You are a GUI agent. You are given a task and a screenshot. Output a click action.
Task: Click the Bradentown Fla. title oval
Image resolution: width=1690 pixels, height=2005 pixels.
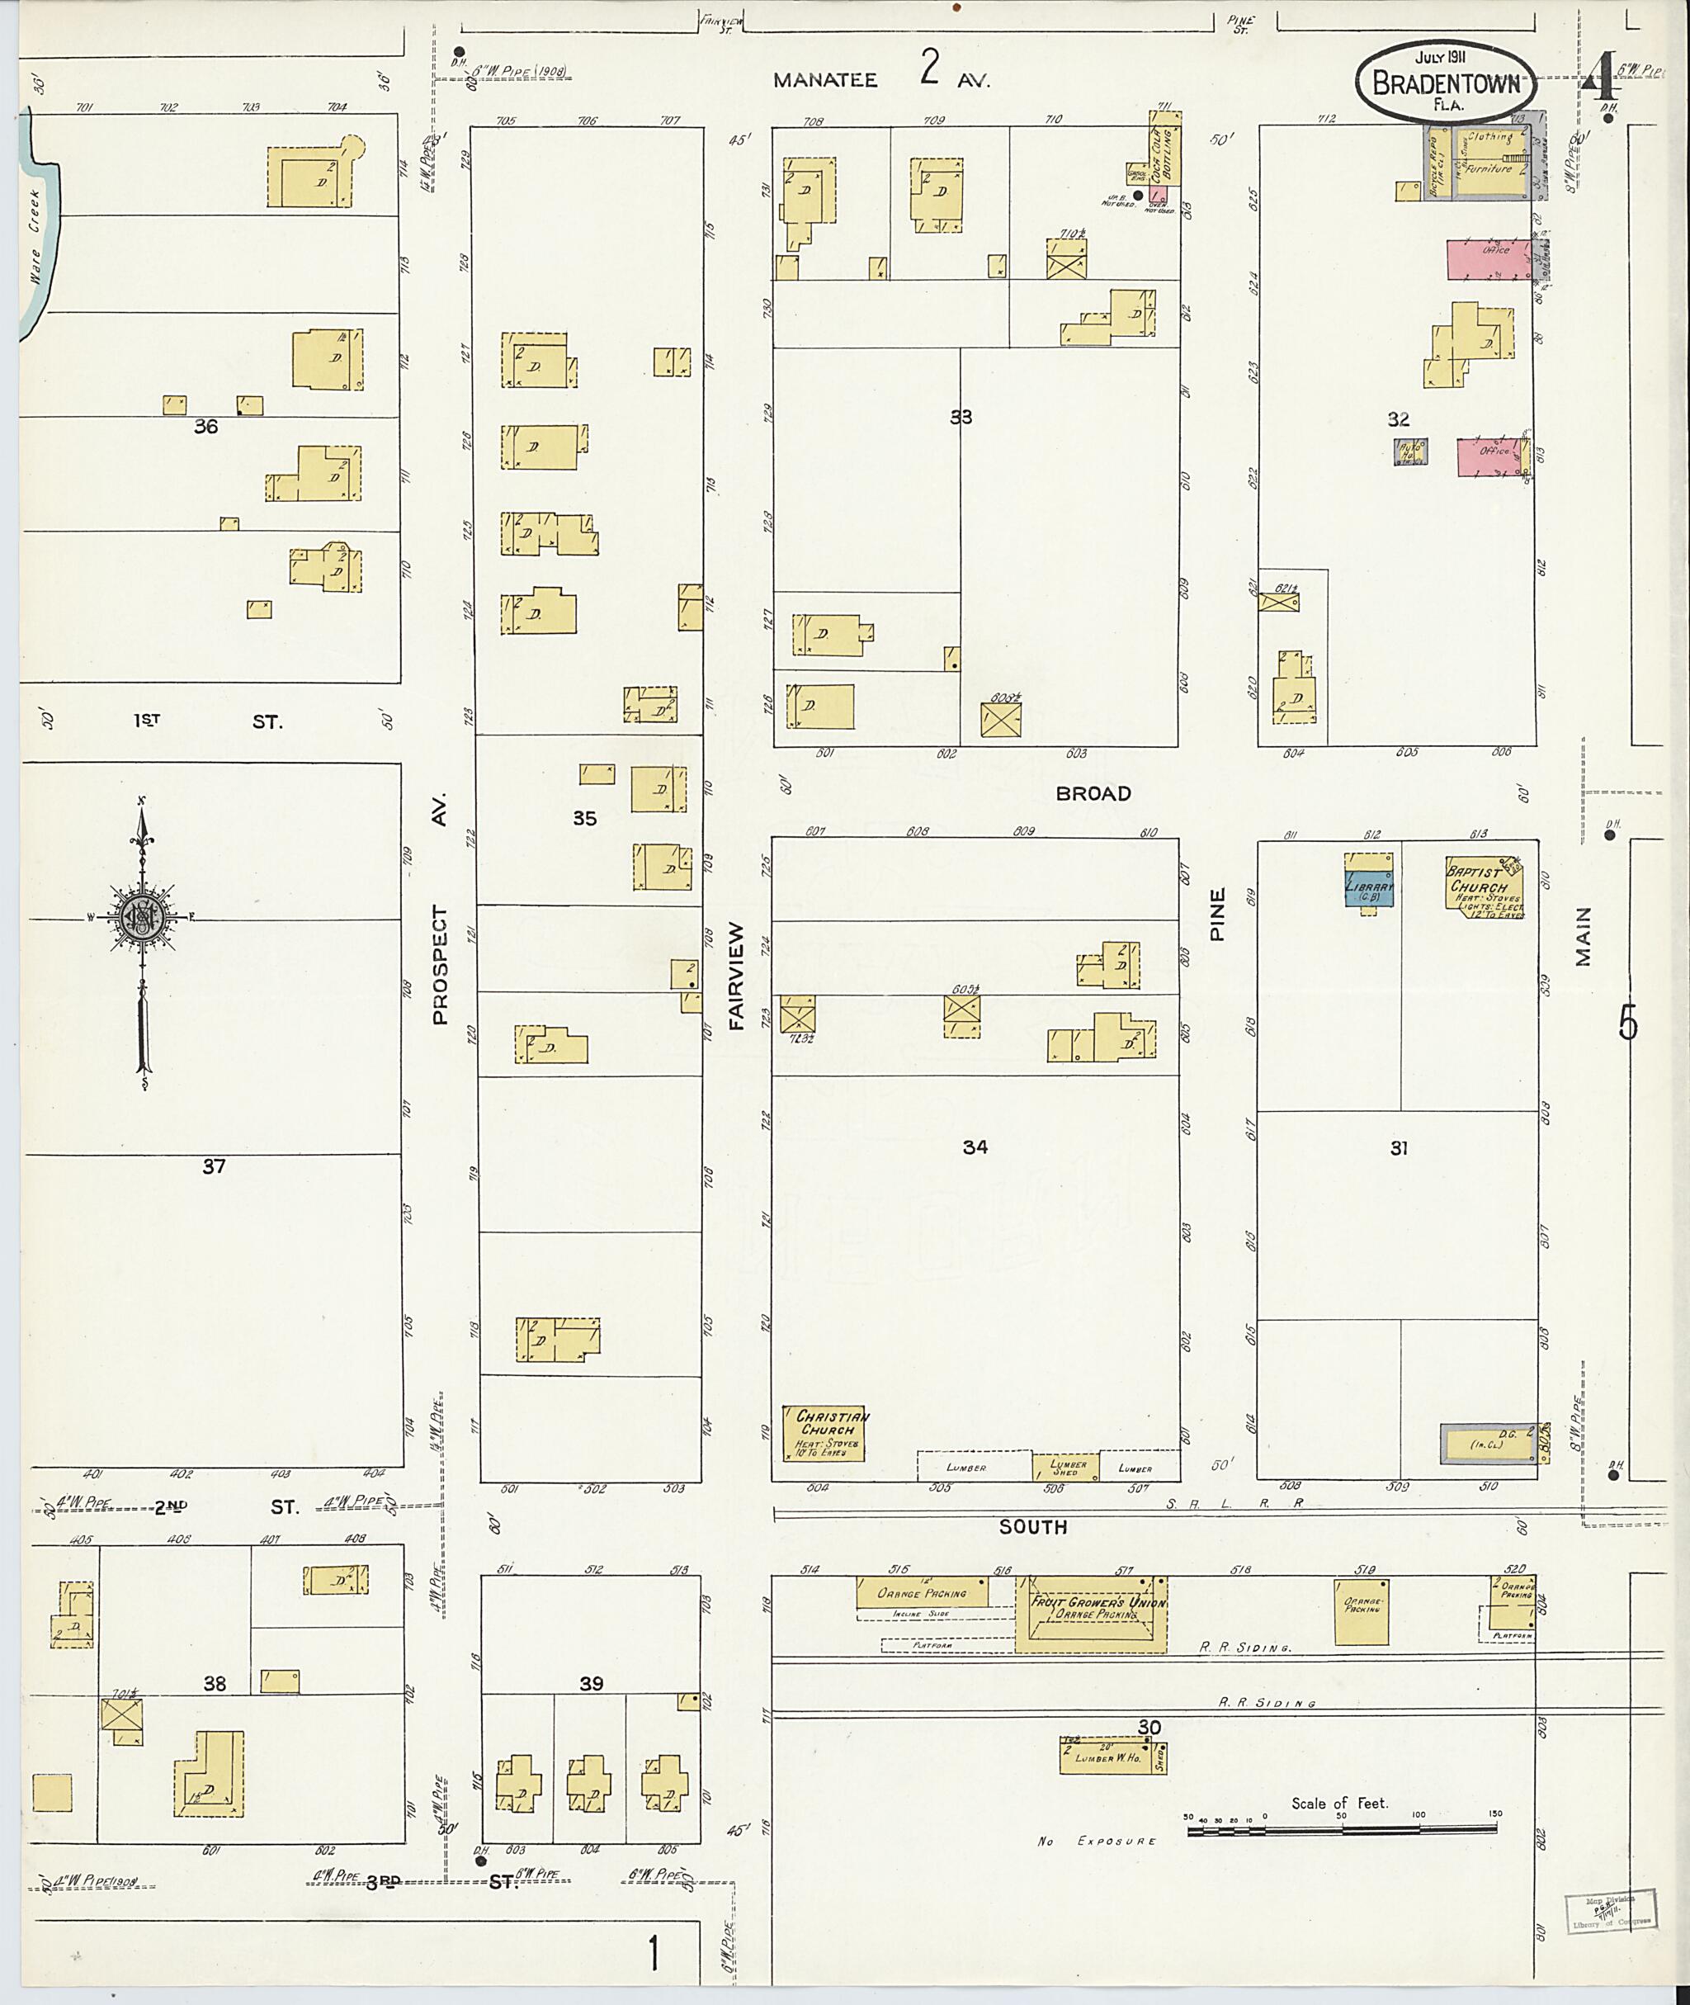point(1446,84)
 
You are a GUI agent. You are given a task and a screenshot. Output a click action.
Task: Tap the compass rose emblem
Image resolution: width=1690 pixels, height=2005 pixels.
point(143,917)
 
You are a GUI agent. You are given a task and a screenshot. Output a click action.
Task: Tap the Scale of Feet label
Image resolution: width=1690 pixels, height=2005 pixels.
point(1338,1803)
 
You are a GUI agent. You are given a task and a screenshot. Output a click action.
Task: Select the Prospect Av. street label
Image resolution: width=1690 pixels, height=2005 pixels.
point(440,963)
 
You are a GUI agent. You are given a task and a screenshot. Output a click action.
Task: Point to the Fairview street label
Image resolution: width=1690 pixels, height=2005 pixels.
point(736,976)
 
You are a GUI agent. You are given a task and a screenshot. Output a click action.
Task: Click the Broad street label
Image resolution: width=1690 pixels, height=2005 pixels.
point(1093,793)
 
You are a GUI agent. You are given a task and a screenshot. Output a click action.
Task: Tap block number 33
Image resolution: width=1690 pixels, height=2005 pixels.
point(960,417)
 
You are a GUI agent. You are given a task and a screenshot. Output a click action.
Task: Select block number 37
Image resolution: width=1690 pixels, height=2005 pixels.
point(213,1166)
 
